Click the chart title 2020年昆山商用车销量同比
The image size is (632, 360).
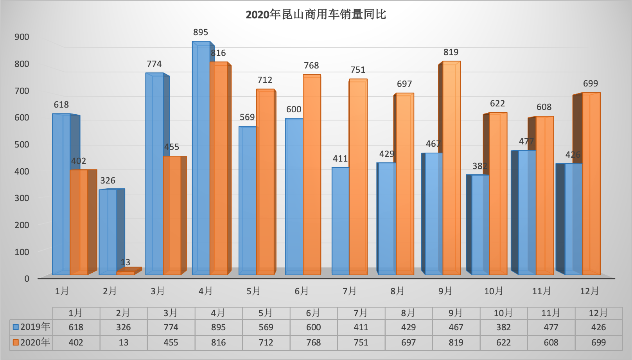pos(316,15)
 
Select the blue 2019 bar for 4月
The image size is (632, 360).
pos(201,157)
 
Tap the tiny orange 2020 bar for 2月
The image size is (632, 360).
pos(126,273)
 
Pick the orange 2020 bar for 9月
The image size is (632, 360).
pos(452,168)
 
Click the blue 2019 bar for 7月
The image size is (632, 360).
pos(341,221)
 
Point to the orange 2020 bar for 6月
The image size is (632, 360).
pos(312,174)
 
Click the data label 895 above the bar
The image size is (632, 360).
pos(201,32)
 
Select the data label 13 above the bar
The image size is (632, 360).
pos(126,262)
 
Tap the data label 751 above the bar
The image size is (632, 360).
pos(358,70)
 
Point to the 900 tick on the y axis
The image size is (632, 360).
pos(22,37)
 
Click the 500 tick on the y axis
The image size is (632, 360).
pos(22,144)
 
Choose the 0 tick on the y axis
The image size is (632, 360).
pos(27,279)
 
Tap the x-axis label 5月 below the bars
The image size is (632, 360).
pos(254,291)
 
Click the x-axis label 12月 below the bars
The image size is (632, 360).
pos(589,291)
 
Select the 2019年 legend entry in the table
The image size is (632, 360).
pos(31,327)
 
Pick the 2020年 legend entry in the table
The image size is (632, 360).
pos(31,342)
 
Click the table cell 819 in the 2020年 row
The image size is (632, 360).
pos(456,343)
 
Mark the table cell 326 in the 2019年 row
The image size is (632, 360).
pos(124,327)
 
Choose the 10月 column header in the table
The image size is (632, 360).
pos(503,313)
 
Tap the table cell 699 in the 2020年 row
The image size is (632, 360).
pos(598,343)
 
